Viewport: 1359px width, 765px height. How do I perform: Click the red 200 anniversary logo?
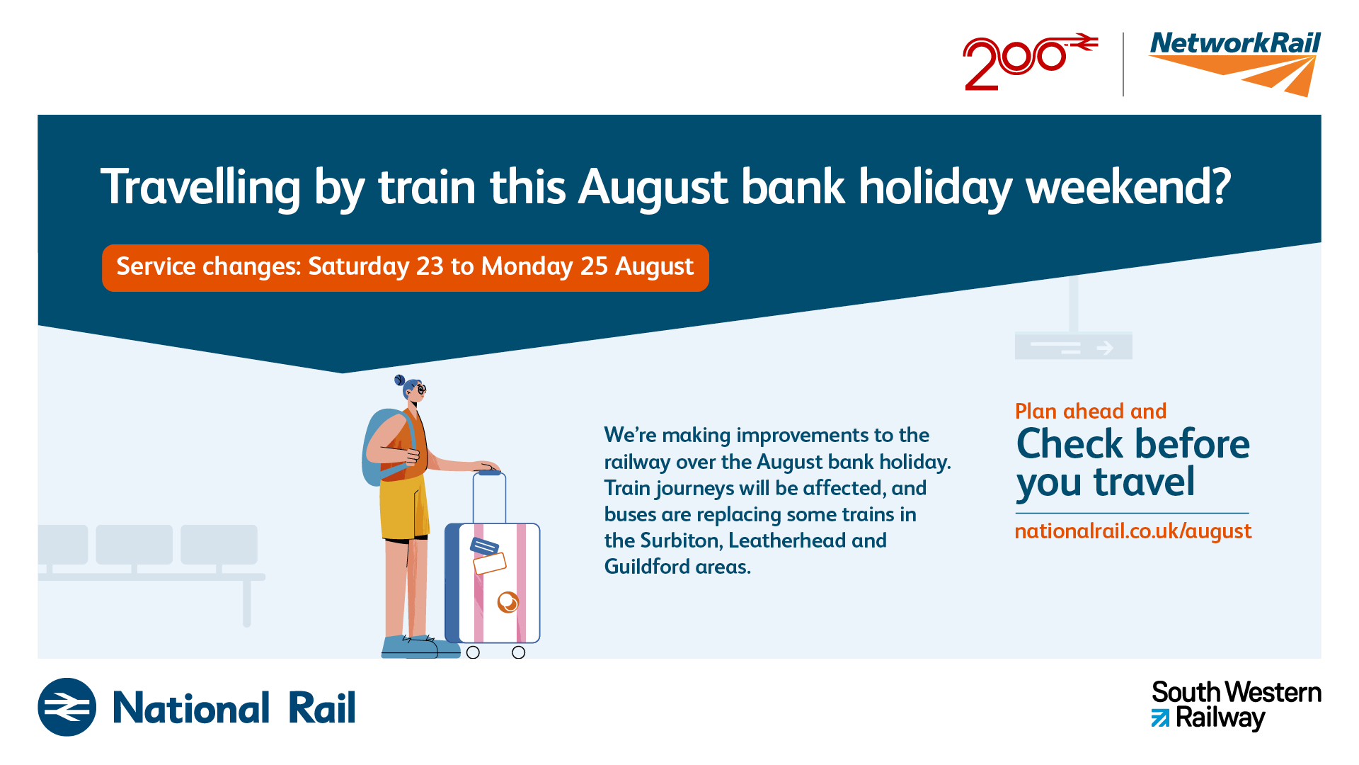[1030, 62]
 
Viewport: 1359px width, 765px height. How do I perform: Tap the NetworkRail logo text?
[1235, 44]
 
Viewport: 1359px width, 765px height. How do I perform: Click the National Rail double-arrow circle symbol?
[67, 707]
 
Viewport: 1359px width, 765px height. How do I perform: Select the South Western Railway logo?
[1236, 705]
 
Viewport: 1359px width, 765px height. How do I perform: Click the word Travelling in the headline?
[201, 188]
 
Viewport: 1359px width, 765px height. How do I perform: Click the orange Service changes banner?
[406, 268]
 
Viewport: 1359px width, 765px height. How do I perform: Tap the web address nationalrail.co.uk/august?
[1133, 531]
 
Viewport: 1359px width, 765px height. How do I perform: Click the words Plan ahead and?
[1091, 412]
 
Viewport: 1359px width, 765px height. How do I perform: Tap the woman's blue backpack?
[384, 446]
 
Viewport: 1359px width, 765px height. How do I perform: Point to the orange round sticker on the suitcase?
[508, 602]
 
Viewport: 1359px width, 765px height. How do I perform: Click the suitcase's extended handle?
[489, 497]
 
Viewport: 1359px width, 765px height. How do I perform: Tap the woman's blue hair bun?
[400, 380]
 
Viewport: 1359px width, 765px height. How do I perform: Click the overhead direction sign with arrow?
[1074, 346]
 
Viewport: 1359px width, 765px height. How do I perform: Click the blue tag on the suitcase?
[485, 546]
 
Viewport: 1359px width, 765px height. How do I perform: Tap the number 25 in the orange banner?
[594, 266]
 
